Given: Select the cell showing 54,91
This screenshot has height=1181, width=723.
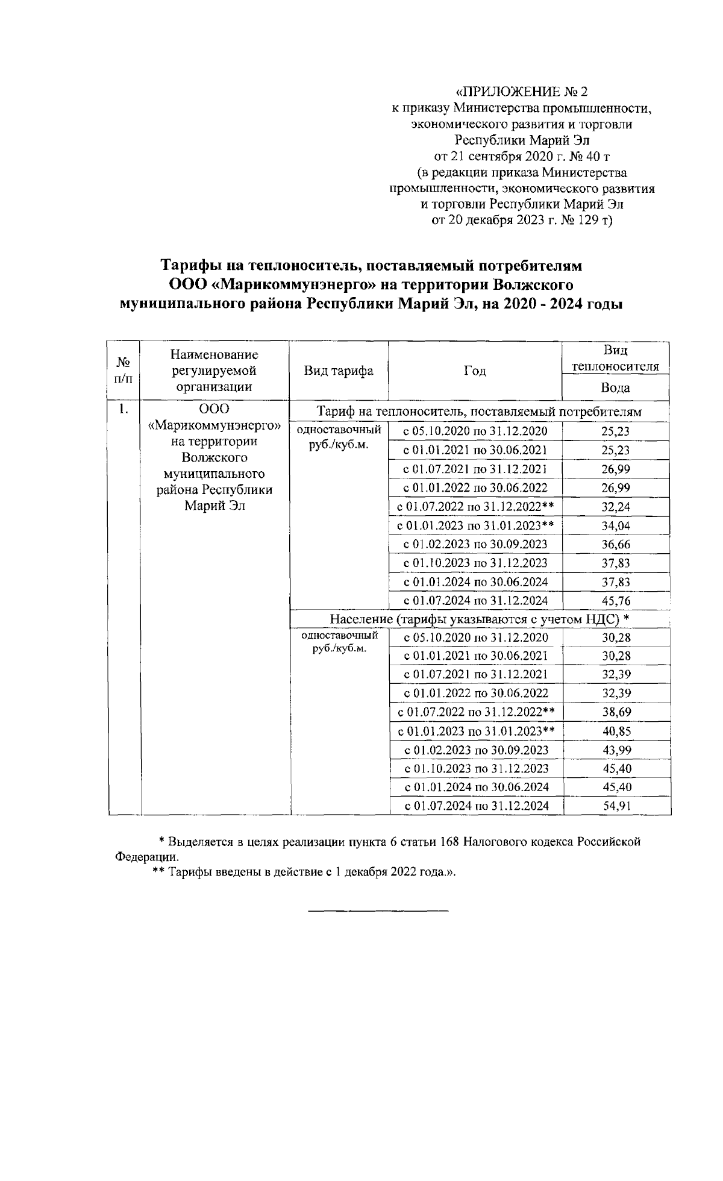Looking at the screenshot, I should coord(616,806).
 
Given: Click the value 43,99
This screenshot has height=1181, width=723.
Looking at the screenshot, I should coord(616,750).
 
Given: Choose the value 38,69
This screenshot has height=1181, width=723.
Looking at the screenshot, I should coord(616,712).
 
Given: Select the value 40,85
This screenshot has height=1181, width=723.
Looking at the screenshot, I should coord(616,731).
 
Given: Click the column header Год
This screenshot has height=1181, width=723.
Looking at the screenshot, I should coord(475,371).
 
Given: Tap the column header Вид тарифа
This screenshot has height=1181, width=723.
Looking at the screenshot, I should coord(338,371).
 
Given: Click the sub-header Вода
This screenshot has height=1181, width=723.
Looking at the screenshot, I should coord(615,387).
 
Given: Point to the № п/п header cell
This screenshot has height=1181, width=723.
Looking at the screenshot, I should coord(124,371).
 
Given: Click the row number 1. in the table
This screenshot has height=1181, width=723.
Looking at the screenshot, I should coord(124,409).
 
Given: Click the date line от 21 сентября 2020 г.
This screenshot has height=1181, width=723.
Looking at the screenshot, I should coord(522,157).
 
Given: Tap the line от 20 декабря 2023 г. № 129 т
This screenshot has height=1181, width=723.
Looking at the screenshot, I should coord(522,220).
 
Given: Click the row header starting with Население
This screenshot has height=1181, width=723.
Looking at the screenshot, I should coord(480,619).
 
